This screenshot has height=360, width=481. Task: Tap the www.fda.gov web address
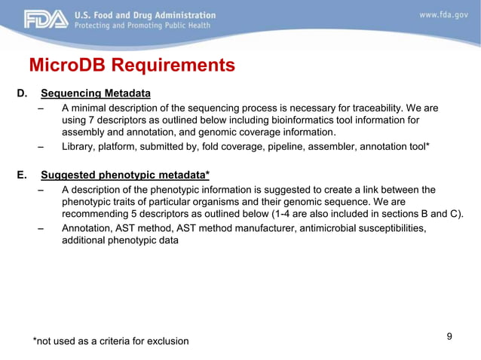[x=444, y=15]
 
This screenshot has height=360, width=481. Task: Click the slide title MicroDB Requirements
[x=131, y=66]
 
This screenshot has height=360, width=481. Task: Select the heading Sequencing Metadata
[x=96, y=93]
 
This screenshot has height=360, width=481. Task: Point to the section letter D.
[x=23, y=93]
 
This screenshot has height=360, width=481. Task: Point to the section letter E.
[x=23, y=175]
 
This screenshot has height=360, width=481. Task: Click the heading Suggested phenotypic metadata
[x=124, y=175]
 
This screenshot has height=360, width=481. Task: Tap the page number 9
[x=449, y=336]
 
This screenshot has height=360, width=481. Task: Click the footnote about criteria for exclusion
[x=111, y=341]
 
